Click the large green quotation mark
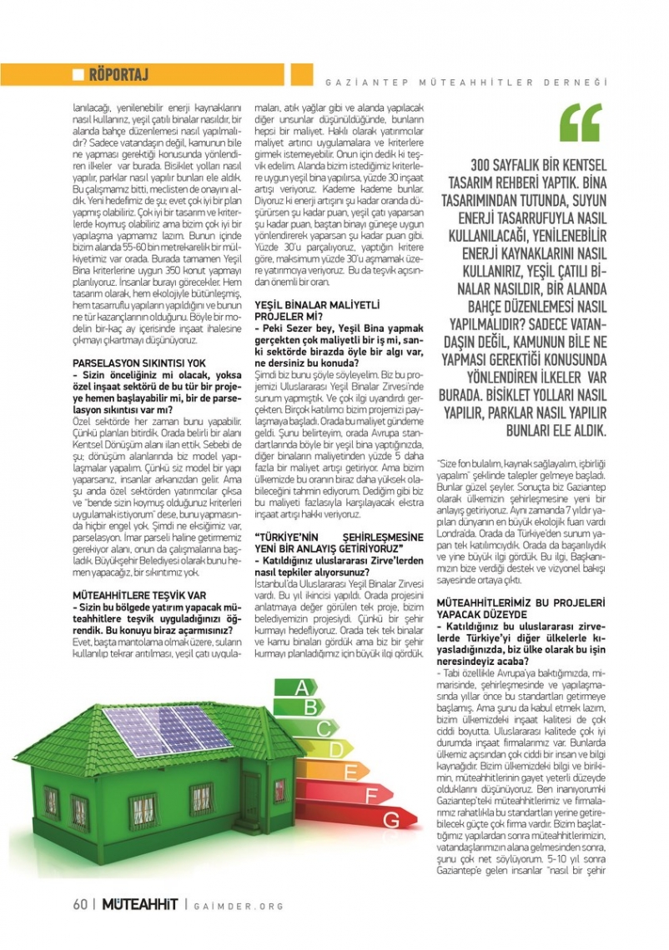click(x=581, y=122)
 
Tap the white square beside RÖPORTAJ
click(x=78, y=75)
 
